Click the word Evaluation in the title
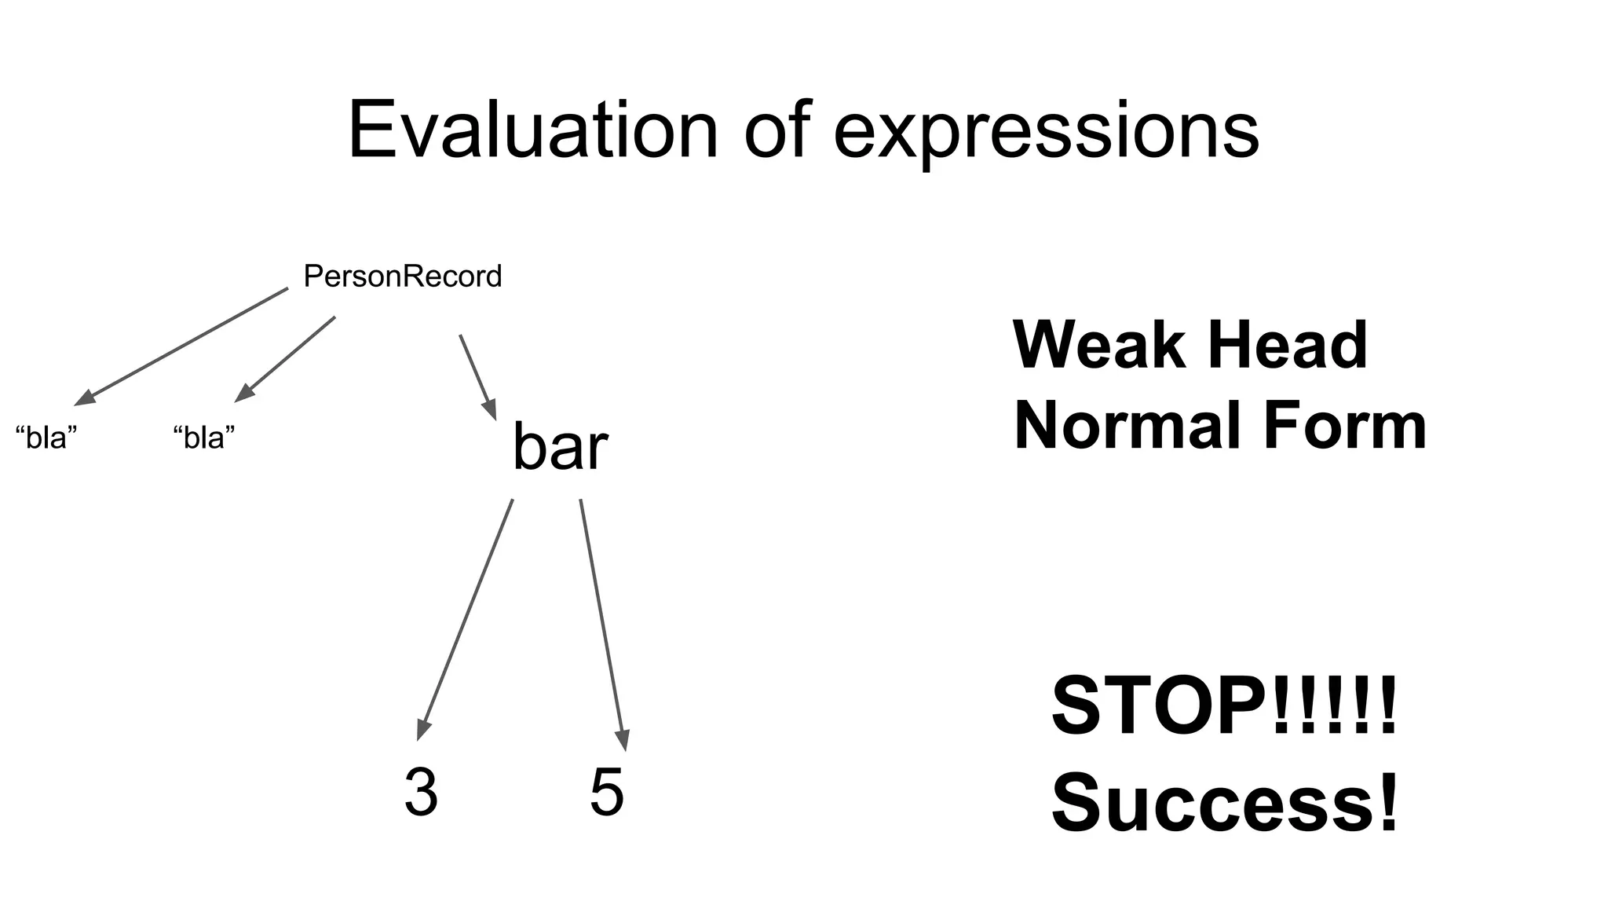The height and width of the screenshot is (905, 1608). coord(532,130)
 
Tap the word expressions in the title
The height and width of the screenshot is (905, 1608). coord(1046,132)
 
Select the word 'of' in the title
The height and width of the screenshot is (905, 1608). coord(777,130)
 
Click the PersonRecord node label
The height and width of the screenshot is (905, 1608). coord(402,277)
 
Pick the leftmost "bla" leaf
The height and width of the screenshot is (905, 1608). coord(46,438)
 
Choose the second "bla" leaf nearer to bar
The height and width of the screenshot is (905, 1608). coord(204,438)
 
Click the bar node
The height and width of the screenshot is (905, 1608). coord(560,447)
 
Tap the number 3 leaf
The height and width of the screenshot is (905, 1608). coord(421,792)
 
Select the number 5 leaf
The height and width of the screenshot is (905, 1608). coord(607,792)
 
